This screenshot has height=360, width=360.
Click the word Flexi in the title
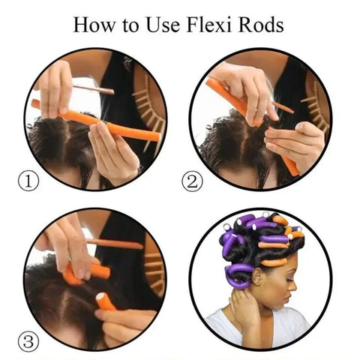pos(212,24)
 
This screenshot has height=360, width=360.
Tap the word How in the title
pos(95,24)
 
